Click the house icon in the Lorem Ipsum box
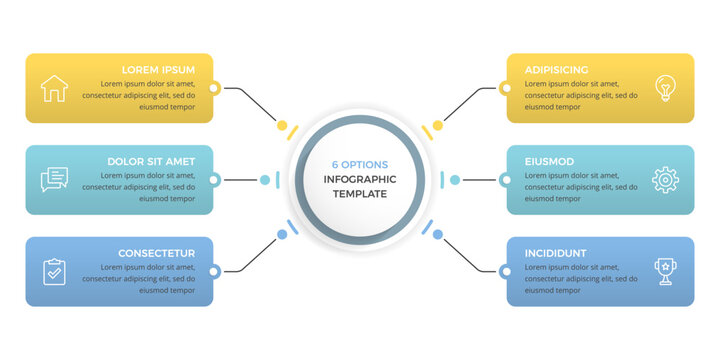pos(53,89)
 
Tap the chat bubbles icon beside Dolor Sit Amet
pos(54,180)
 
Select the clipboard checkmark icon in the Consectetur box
pos(54,271)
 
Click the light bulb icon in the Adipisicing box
pos(664,88)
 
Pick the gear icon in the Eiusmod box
pos(665,180)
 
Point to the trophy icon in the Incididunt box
pos(665,271)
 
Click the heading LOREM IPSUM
pos(158,70)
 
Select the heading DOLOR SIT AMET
pos(151,161)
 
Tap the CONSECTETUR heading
pos(156,253)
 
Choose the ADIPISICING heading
pos(557,70)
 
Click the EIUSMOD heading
pos(549,161)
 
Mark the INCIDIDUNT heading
pos(556,253)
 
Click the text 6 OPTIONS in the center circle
pos(360,165)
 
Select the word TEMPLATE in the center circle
pos(360,194)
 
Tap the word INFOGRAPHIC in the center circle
pos(360,179)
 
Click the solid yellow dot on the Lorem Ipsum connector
pos(282,126)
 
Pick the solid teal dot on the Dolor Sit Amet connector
pos(265,180)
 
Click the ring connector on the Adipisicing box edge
pos(506,89)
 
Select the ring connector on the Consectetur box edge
pos(213,271)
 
